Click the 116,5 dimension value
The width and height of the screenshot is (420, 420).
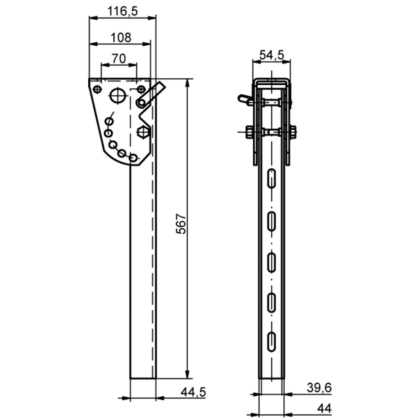[x=122, y=11]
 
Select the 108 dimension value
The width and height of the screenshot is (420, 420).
[x=121, y=37]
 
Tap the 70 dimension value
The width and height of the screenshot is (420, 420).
[x=119, y=59]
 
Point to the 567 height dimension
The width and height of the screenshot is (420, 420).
[x=181, y=224]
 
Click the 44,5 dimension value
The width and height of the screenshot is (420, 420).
[x=193, y=392]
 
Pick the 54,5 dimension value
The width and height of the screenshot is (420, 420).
[x=272, y=55]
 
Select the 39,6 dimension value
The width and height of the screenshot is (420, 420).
[x=319, y=388]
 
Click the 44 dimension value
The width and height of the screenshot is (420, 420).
[x=324, y=409]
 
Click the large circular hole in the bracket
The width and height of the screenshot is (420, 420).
[x=118, y=95]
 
